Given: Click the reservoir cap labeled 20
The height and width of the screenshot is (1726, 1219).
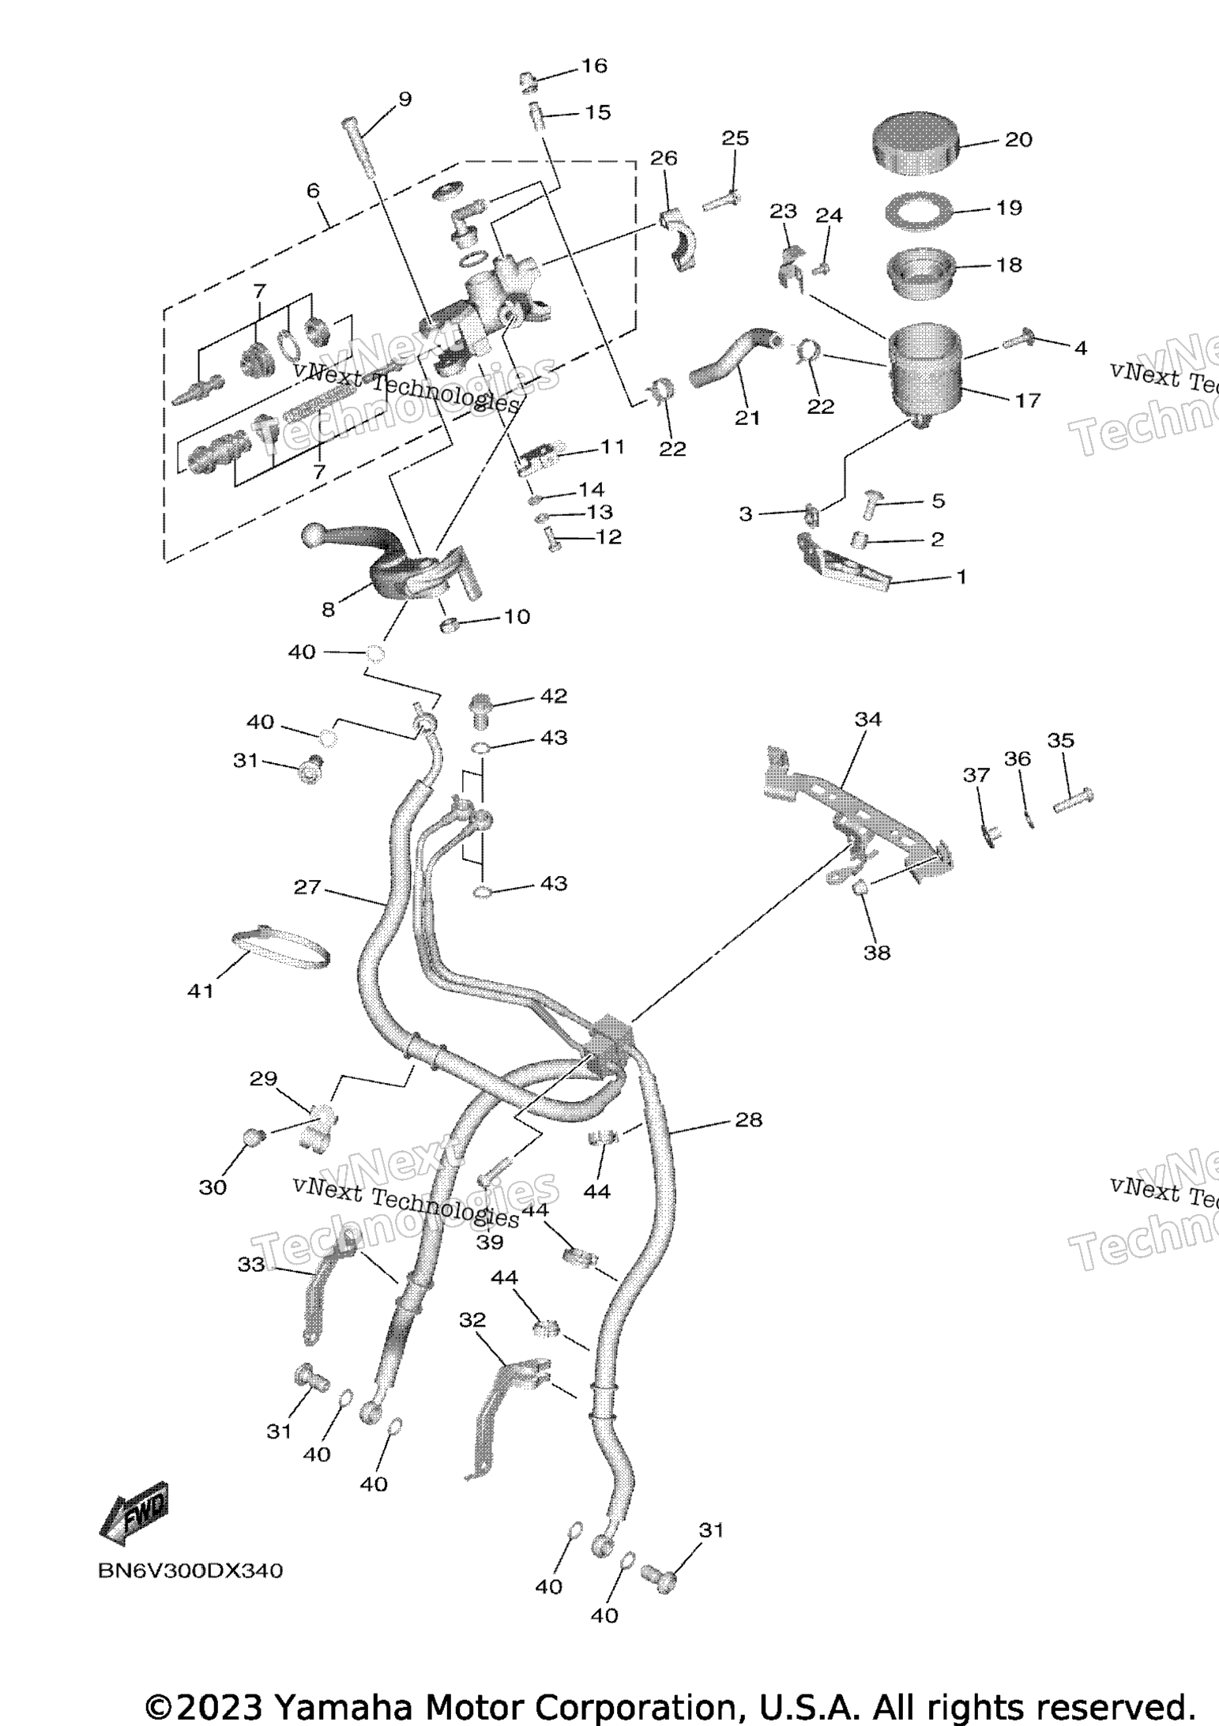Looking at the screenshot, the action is tap(916, 141).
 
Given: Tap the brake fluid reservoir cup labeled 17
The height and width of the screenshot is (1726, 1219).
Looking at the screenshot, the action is tap(925, 374).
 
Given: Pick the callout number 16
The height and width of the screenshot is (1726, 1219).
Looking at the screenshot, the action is tap(594, 66).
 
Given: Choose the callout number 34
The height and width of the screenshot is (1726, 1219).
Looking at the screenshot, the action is tap(867, 720).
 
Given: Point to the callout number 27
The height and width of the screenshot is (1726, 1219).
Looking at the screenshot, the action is tap(307, 887).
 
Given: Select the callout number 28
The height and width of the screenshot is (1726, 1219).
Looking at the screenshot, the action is tap(749, 1119).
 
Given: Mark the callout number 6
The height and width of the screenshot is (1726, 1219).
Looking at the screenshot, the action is tap(314, 190).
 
